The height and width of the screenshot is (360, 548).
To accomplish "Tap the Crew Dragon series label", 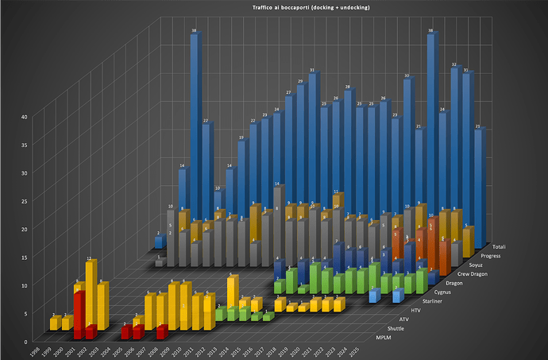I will point(469,274).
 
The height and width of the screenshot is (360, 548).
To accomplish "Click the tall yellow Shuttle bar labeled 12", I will point(91,294).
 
